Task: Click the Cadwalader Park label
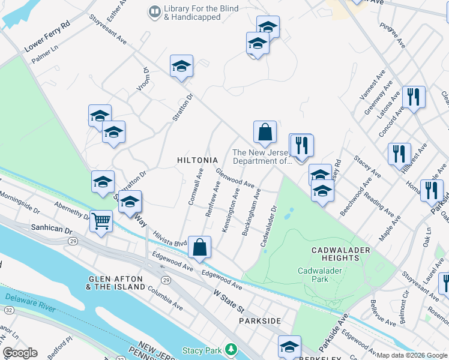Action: click(x=321, y=275)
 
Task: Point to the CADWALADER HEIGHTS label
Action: click(x=336, y=253)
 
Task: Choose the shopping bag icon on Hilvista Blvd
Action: click(x=200, y=247)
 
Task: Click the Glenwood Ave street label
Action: click(x=235, y=178)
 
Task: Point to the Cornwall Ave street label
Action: click(x=196, y=187)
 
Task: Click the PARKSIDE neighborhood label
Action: click(x=259, y=321)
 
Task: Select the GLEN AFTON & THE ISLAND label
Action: click(x=116, y=283)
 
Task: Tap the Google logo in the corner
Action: click(x=20, y=353)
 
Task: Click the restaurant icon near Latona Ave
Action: click(x=413, y=97)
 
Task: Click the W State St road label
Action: click(x=229, y=302)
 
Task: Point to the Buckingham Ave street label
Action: click(x=250, y=211)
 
